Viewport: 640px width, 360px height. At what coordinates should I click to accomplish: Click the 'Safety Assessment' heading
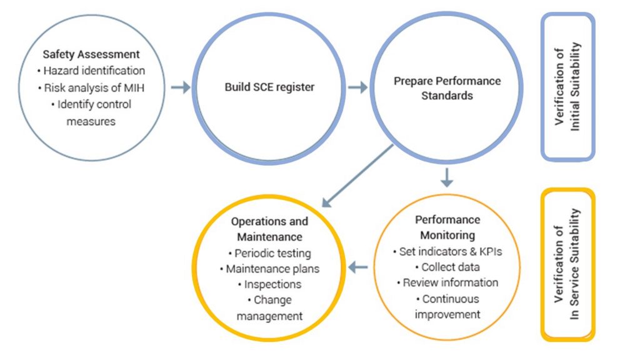pos(91,54)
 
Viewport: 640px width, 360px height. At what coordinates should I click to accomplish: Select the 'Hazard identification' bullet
pos(91,71)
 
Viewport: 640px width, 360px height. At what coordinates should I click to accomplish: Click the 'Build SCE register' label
pos(269,87)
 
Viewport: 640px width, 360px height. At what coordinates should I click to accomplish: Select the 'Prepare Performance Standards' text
pos(447,88)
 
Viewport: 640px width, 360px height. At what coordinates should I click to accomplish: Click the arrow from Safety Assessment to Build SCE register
pos(180,87)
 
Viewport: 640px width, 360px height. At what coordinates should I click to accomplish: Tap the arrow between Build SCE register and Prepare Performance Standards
pos(357,87)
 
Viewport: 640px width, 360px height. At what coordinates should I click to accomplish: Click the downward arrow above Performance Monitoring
pos(447,177)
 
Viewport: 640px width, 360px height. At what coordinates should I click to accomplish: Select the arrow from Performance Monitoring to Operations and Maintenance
pos(357,267)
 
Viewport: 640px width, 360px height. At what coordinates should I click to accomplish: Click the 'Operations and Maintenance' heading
pos(269,229)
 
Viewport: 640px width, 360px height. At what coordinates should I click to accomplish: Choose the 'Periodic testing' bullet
pos(269,253)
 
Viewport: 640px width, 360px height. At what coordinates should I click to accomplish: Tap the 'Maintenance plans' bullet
pos(269,269)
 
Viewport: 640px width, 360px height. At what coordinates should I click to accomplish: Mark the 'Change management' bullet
pos(269,308)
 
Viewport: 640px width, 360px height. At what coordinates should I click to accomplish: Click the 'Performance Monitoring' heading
pos(447,227)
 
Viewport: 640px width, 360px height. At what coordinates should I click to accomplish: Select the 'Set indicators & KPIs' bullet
pos(447,251)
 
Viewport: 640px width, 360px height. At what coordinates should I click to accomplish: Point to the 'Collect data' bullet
pos(447,267)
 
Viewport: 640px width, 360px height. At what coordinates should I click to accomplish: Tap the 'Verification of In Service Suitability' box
pos(567,264)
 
